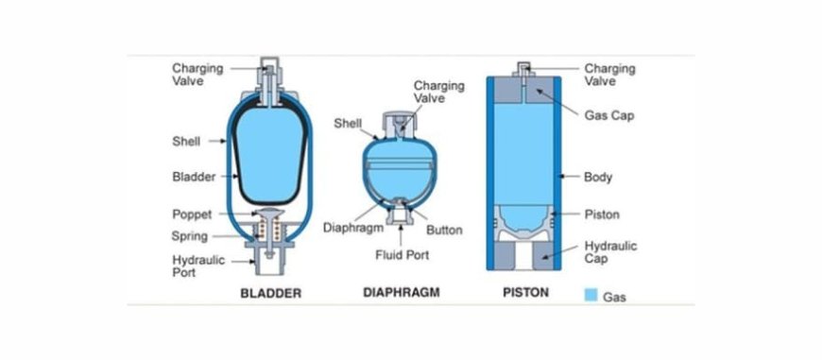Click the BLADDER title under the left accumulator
[270, 293]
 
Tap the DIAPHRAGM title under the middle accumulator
[402, 292]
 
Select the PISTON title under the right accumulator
[524, 292]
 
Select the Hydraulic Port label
[198, 266]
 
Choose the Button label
[444, 230]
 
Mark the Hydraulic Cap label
[610, 252]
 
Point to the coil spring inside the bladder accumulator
[270, 231]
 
